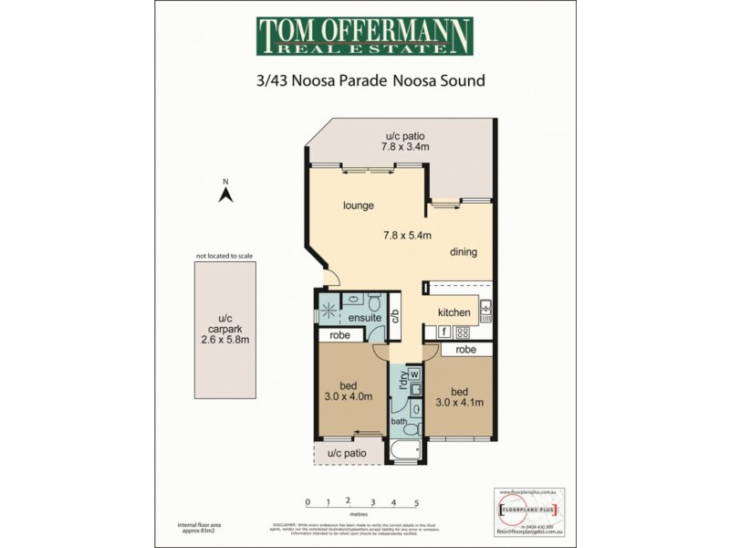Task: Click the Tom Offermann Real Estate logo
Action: pos(364,37)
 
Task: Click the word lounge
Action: pos(359,205)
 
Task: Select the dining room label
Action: pos(464,252)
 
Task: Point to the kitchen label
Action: pos(454,312)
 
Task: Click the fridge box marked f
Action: pos(443,332)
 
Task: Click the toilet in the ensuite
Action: pos(374,302)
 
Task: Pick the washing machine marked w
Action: pos(413,374)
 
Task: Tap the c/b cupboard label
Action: pos(395,317)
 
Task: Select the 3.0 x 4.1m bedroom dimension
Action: pos(458,402)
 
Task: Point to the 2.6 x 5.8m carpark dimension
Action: pos(225,339)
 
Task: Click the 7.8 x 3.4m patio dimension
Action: pos(403,146)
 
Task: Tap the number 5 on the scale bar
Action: pos(417,502)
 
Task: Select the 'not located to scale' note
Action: pos(224,257)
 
